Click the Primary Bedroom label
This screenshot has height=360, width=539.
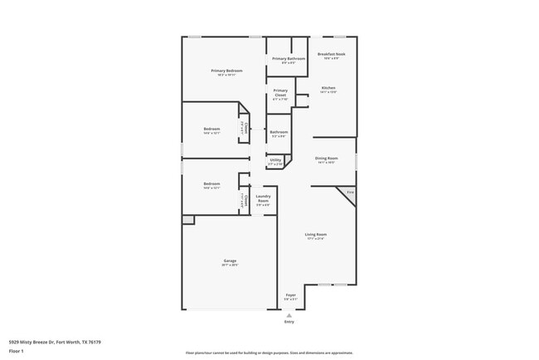226,71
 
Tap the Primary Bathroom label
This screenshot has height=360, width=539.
289,59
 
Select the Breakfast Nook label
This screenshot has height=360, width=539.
331,54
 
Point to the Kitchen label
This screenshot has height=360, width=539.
328,88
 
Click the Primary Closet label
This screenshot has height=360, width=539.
280,90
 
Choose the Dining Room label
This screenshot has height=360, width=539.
326,158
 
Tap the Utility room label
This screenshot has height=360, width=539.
275,160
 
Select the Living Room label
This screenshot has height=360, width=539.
315,235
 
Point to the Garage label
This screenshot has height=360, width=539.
230,261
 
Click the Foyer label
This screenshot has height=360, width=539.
291,295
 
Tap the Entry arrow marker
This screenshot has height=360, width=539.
289,315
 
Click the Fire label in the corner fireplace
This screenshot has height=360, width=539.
350,192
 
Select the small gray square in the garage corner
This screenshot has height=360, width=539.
188,220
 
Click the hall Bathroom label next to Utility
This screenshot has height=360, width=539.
279,132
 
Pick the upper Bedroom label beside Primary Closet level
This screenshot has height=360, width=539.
212,129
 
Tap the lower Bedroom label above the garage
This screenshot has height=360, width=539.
212,183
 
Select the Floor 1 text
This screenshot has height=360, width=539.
17,351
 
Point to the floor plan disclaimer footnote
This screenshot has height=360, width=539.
269,353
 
